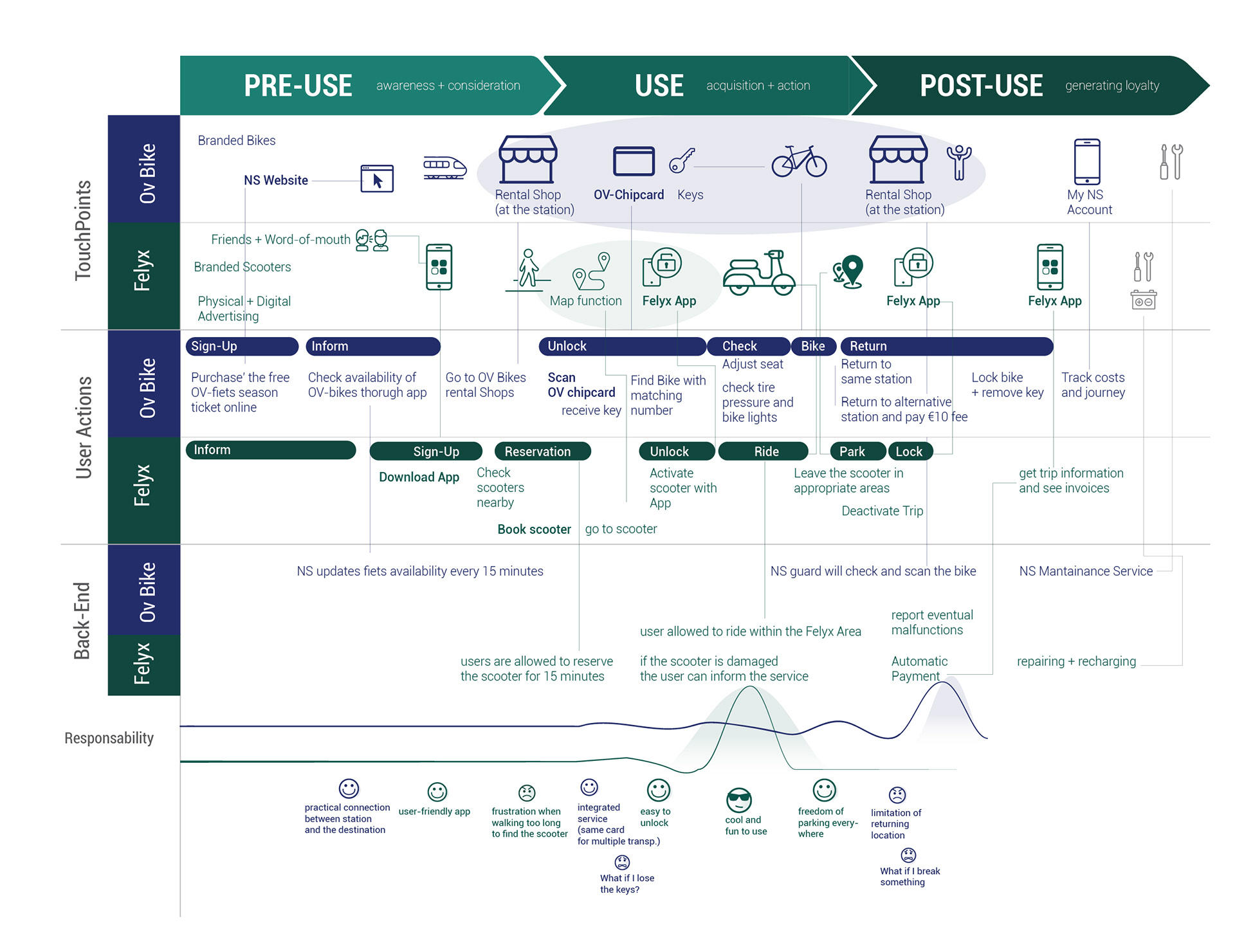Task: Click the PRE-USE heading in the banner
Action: point(298,86)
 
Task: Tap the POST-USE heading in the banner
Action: point(981,86)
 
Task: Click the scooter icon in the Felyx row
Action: point(759,273)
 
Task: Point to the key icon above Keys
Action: point(682,160)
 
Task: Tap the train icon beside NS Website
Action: point(444,167)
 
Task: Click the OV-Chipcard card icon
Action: point(634,161)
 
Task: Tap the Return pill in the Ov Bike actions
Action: point(946,346)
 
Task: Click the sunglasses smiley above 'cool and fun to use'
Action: point(739,800)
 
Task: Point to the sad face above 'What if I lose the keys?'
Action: point(622,862)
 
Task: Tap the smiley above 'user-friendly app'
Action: point(437,792)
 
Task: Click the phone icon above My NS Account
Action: point(1087,161)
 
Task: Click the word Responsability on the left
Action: point(109,738)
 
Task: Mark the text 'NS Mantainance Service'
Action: point(1086,571)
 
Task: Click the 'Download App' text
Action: point(419,477)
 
